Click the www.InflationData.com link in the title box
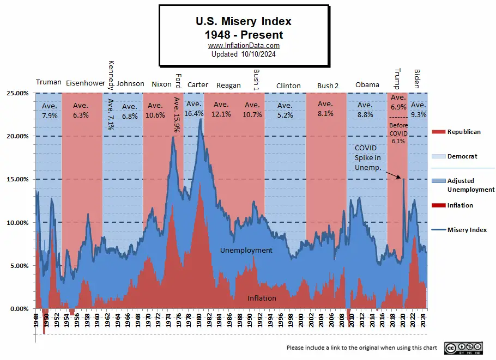coord(244,46)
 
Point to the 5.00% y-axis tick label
coord(18,266)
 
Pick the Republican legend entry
coord(463,132)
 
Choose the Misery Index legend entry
coord(467,230)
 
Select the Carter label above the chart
coord(197,85)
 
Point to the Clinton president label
coord(288,86)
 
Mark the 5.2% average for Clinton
coord(285,115)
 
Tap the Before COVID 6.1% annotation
coord(398,133)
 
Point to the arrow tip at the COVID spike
coord(402,178)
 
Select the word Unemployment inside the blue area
coord(246,251)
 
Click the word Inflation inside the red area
coord(262,298)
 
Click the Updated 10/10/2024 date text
coord(244,54)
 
